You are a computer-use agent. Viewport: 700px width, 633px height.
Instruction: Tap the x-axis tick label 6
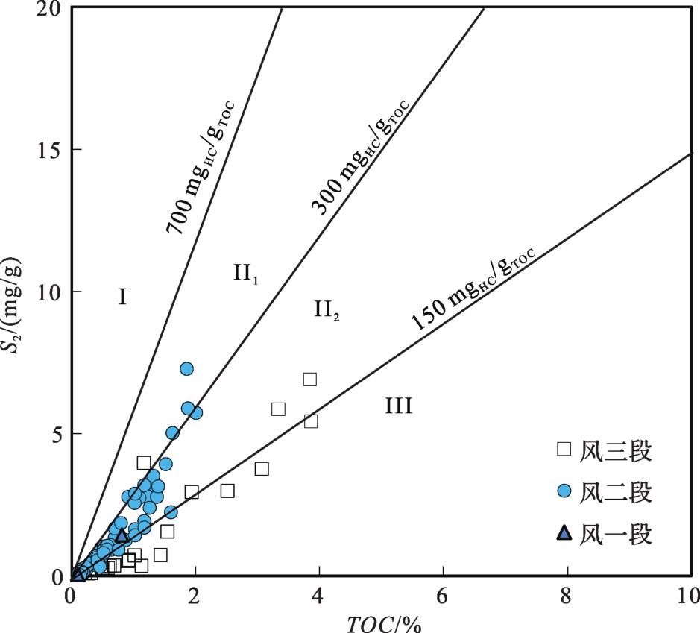(444, 596)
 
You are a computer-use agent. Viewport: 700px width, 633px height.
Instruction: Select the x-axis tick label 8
(568, 596)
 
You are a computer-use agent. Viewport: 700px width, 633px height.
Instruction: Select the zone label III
(399, 406)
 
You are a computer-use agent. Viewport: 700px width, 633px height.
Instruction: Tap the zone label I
(122, 297)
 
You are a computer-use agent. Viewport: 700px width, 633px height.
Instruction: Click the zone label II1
(246, 274)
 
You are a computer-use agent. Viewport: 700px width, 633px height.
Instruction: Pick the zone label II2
(327, 309)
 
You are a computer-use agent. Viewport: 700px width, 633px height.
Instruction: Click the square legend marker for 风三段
(564, 449)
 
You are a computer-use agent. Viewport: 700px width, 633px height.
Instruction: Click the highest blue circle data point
(186, 369)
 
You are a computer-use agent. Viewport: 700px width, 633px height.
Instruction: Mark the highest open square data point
(309, 380)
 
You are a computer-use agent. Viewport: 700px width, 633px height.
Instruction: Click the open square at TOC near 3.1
(262, 469)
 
